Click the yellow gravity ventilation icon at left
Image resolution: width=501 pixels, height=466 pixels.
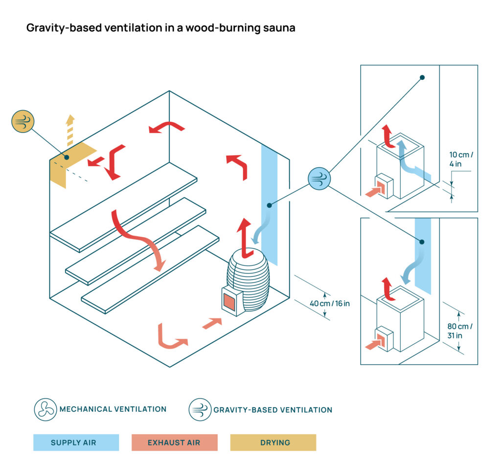23,122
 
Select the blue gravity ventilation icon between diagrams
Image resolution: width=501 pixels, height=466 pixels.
319,178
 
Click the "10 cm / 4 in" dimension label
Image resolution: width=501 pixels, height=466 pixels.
461,159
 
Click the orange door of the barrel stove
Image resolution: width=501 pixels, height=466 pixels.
229,302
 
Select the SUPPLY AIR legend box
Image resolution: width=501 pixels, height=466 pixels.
76,443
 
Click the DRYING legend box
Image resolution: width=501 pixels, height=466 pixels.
273,443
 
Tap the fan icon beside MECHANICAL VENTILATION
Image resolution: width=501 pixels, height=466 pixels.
45,410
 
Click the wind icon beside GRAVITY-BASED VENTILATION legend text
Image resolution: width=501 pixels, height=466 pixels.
200,410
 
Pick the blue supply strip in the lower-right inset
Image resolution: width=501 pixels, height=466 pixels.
423,254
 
